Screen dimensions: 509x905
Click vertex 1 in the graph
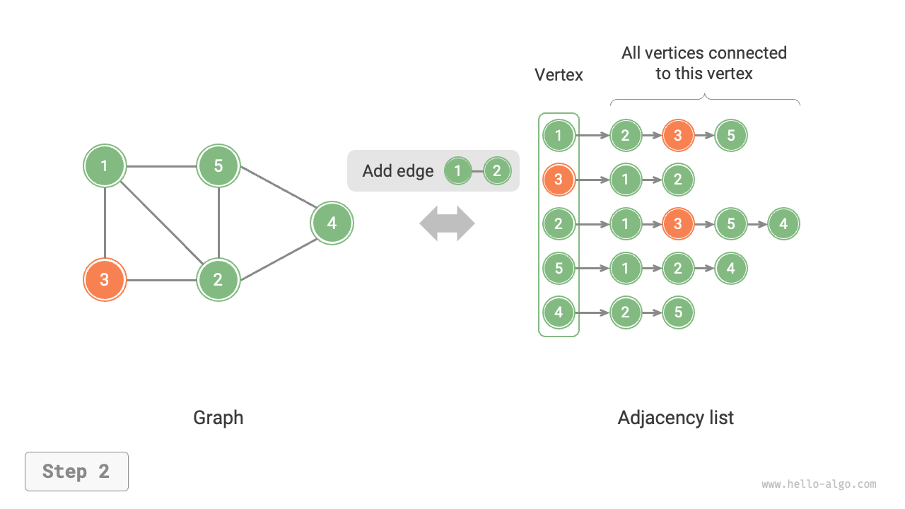coord(105,167)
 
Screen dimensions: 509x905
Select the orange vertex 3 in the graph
coord(105,279)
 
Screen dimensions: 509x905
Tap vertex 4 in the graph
coord(332,223)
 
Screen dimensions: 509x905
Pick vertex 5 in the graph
coord(218,166)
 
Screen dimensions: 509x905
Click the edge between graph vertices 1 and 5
coord(161,167)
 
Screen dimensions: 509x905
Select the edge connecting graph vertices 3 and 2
coord(161,280)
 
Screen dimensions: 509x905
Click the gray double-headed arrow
coord(447,223)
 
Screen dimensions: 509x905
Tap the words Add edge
coord(397,171)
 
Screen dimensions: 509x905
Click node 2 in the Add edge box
coord(497,171)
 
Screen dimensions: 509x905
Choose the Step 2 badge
coord(76,472)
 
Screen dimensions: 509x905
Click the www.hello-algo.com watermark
coord(819,484)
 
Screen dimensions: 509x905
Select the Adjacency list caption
coord(675,418)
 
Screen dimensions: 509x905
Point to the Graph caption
coord(218,418)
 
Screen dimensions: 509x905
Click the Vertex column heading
coord(559,75)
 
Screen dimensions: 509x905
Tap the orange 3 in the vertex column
coord(559,180)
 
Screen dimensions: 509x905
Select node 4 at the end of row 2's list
coord(783,224)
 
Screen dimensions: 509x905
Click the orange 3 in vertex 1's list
coord(678,135)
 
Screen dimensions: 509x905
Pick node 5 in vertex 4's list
coord(678,312)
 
